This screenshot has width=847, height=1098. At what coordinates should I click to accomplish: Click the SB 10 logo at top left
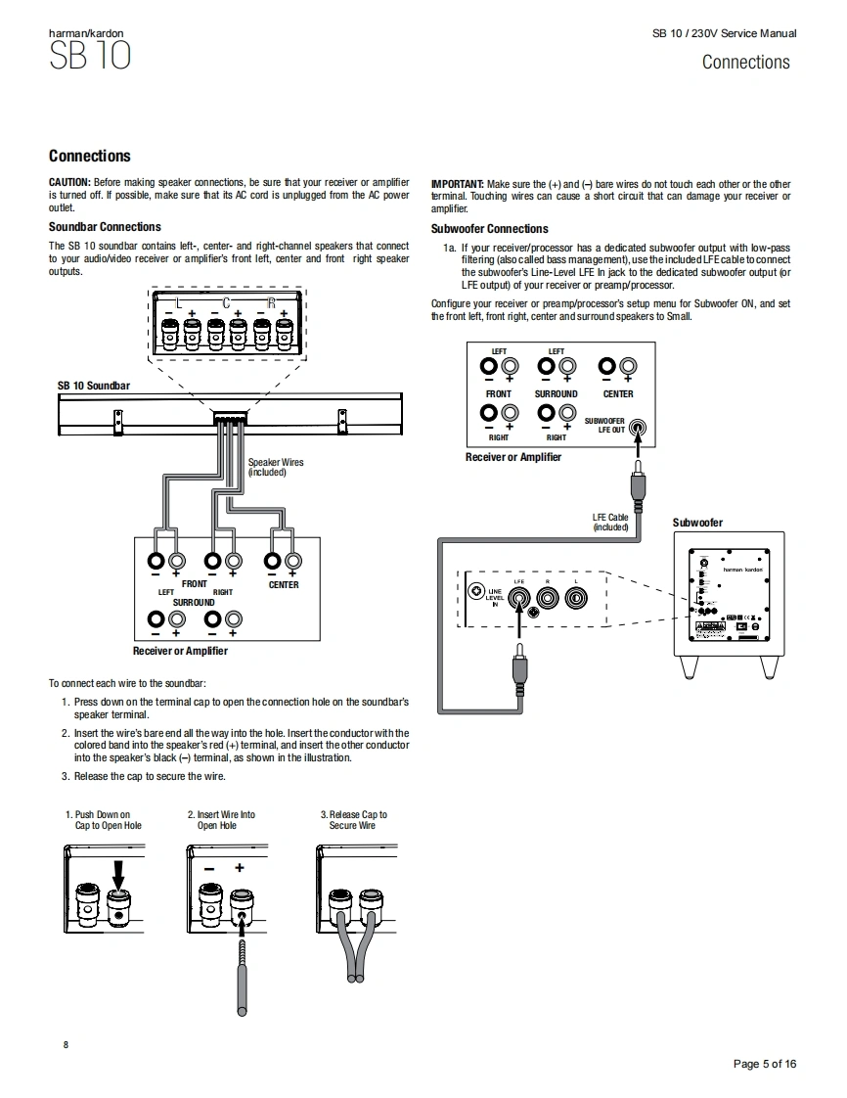89,56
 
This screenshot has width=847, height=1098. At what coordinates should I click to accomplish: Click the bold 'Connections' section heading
89,156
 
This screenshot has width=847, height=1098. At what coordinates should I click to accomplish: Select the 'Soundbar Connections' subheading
105,227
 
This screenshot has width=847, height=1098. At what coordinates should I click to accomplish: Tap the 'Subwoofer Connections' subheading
489,229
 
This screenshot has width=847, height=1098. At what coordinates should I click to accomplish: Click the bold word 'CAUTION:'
69,183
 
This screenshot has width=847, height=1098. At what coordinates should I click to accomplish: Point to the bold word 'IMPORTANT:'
457,184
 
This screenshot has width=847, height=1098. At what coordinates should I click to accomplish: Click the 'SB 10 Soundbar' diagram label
93,387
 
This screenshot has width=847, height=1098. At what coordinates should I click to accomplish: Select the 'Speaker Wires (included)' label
275,467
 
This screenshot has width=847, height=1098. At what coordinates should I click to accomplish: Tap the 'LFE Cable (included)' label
610,523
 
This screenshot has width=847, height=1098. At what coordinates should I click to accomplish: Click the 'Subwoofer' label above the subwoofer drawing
697,523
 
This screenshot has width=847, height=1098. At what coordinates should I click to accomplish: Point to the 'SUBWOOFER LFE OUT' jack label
604,425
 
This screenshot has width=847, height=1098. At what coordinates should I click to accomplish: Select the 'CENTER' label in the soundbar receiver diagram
284,585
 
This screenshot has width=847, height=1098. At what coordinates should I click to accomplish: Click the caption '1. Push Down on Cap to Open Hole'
103,820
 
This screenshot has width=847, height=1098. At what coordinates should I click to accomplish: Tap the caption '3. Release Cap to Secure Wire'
353,820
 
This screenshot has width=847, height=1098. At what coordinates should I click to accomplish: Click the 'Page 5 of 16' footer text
765,1064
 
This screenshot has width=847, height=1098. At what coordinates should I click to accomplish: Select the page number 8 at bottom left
66,1045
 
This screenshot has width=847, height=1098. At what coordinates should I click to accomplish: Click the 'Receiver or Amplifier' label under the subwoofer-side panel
513,457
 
